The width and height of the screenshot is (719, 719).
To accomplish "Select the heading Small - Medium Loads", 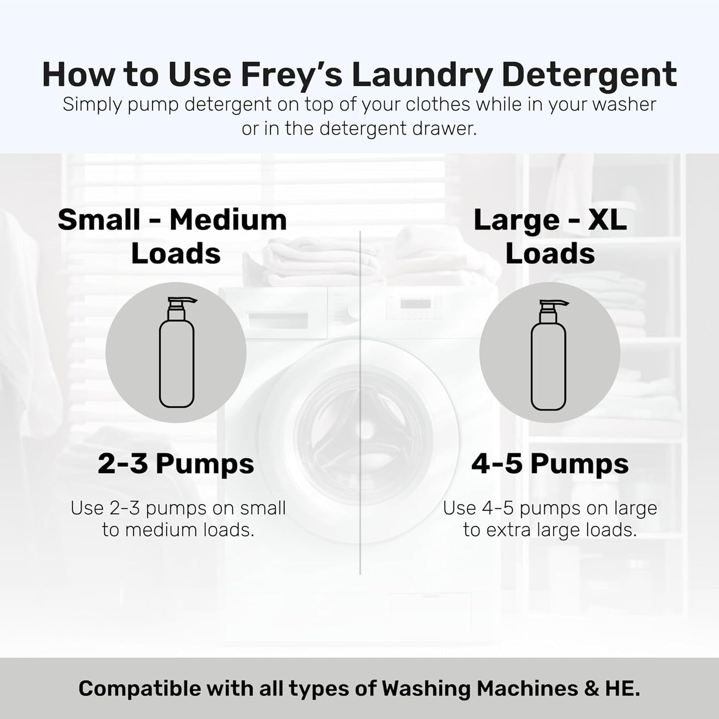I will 173,236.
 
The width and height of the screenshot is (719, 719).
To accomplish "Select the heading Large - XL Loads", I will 550,236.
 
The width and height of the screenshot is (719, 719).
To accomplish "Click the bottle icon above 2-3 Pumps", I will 176,353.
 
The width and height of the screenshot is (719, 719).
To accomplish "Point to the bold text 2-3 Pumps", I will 176,464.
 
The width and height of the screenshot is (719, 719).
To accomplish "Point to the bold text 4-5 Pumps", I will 550,464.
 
